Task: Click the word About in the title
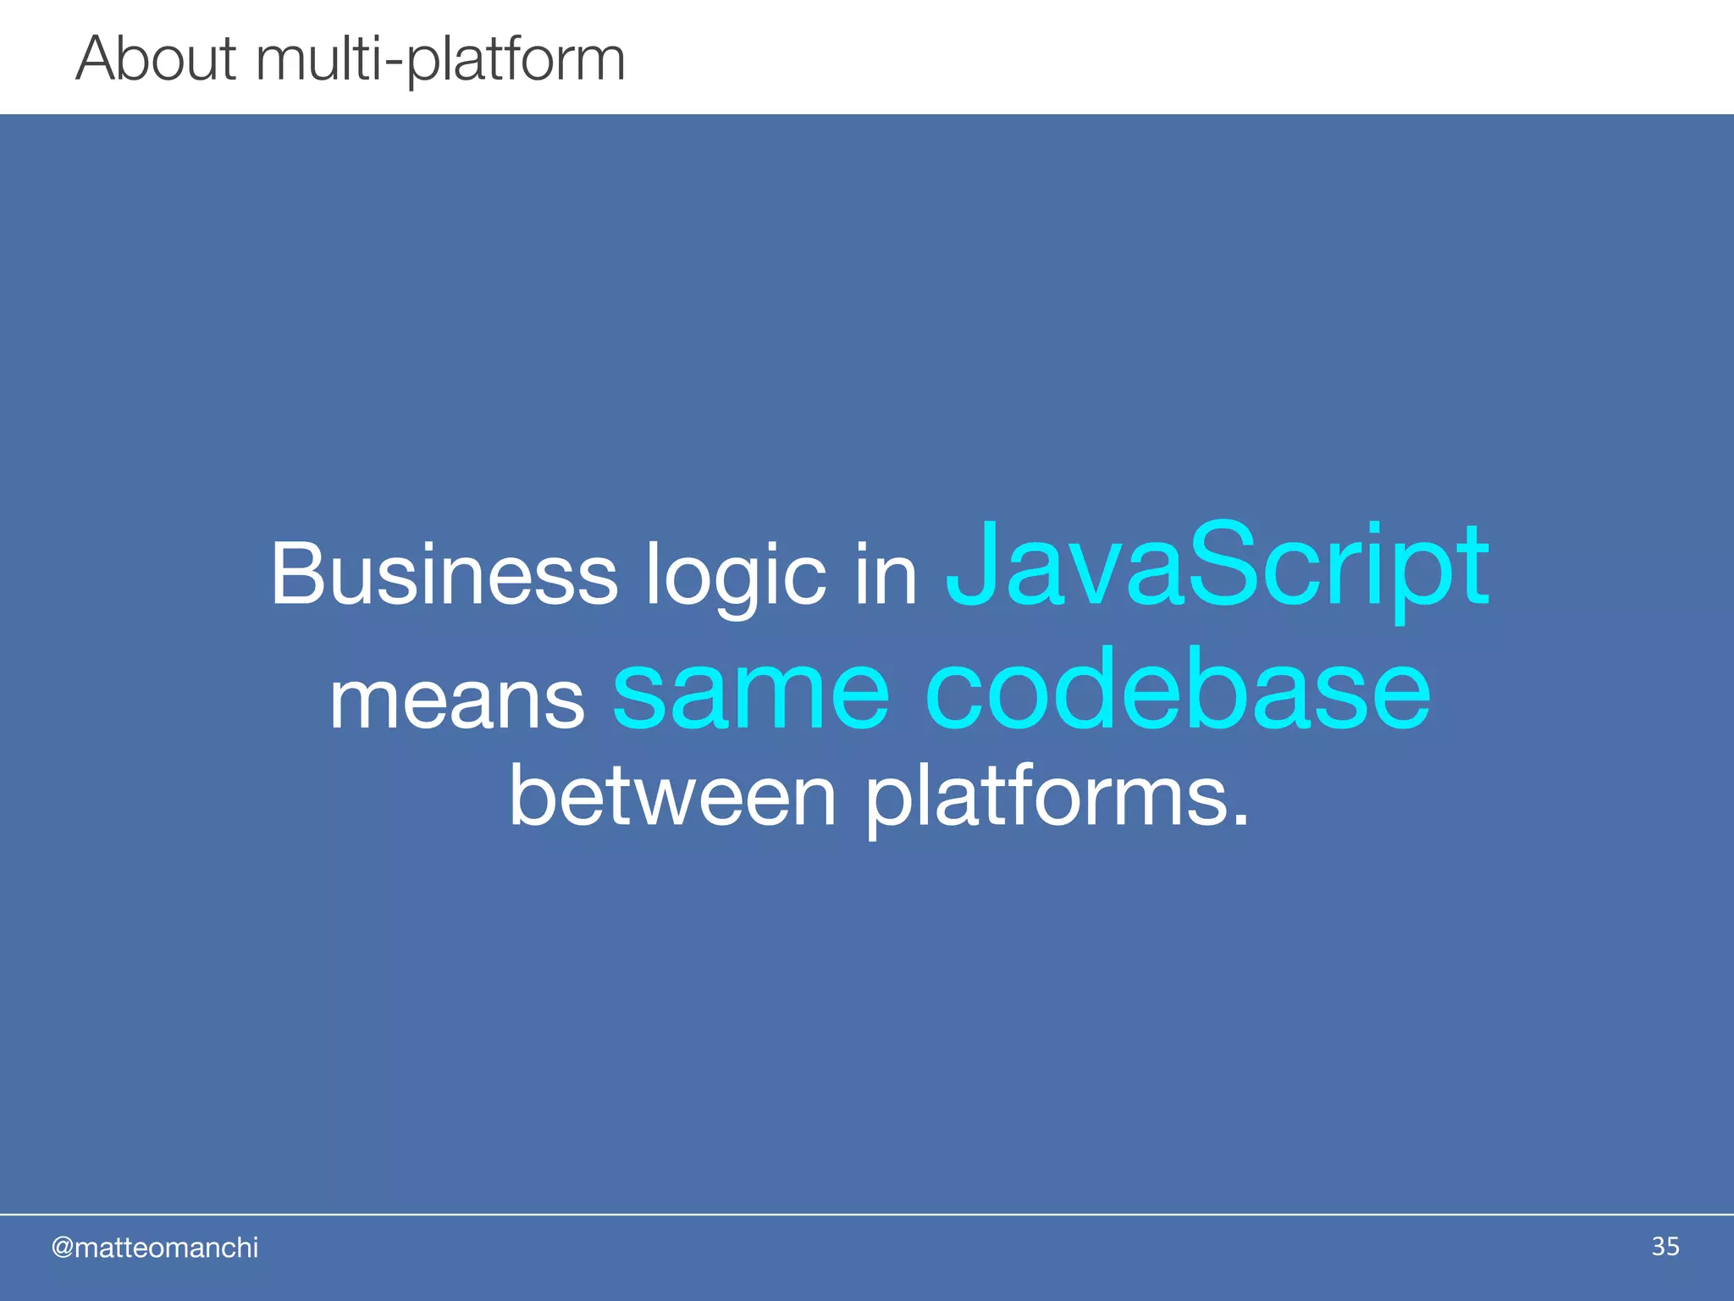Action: (156, 58)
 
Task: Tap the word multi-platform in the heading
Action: (440, 61)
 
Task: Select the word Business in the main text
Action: (444, 574)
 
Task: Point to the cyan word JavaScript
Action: (1217, 566)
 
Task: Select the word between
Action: (672, 796)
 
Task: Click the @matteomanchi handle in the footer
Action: (155, 1248)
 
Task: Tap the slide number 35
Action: (1665, 1246)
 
